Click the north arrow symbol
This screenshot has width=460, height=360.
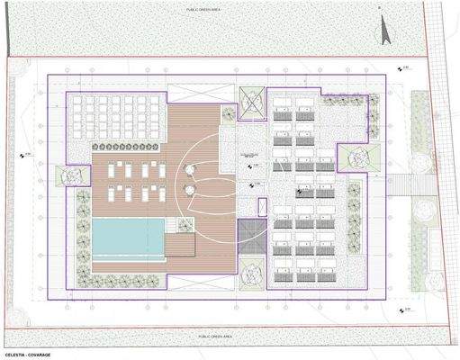pyautogui.click(x=385, y=29)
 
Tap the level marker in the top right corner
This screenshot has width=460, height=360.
pyautogui.click(x=402, y=67)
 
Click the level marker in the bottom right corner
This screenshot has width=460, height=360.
pyautogui.click(x=402, y=310)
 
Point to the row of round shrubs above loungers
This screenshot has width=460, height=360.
pyautogui.click(x=129, y=145)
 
